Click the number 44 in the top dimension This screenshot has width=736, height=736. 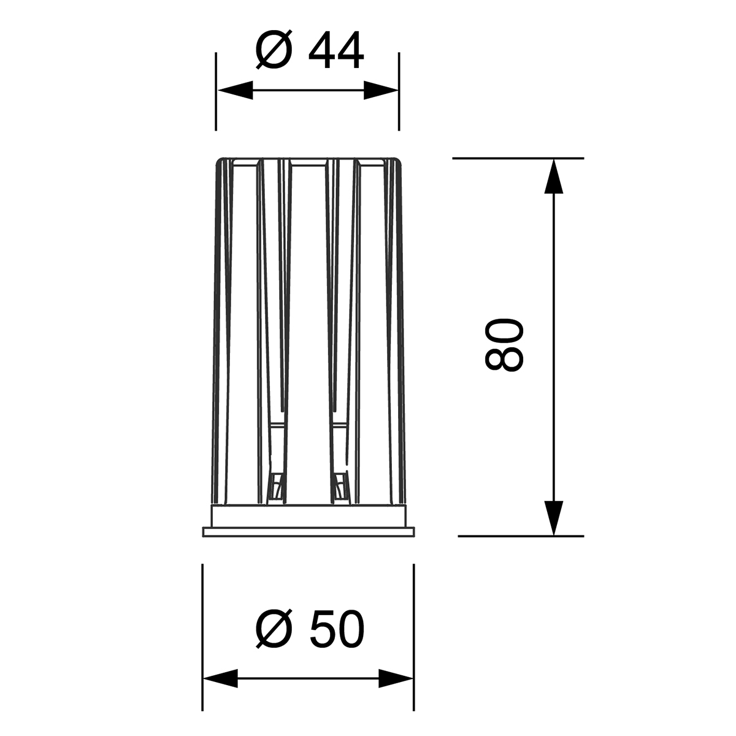point(336,50)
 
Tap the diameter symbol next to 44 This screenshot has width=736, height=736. point(274,50)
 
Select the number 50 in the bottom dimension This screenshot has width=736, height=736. point(337,628)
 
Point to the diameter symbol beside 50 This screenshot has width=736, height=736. point(274,628)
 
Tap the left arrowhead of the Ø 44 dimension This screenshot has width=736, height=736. point(236,90)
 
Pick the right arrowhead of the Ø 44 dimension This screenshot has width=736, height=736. point(381,90)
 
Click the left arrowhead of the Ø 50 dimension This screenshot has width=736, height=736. point(220,678)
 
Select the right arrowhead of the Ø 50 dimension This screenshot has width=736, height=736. point(396,678)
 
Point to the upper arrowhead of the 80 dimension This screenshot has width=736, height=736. point(553,177)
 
